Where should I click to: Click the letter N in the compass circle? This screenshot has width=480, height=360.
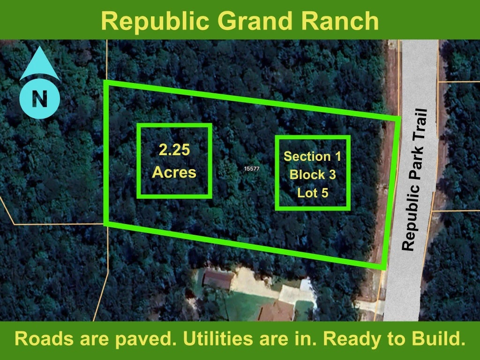(x=39, y=98)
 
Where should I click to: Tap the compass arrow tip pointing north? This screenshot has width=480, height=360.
(x=39, y=46)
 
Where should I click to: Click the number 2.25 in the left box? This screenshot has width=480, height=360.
(x=174, y=150)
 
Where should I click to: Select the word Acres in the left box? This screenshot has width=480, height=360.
(x=174, y=172)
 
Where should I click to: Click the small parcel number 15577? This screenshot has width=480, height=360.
(x=252, y=169)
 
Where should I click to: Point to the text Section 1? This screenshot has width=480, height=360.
(x=312, y=156)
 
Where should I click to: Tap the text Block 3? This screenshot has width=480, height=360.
(x=313, y=174)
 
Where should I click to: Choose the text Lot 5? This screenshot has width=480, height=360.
(x=313, y=193)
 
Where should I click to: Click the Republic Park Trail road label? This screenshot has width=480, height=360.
(x=414, y=180)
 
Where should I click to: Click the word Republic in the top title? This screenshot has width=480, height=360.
(x=155, y=22)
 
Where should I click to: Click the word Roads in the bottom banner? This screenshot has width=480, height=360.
(x=45, y=338)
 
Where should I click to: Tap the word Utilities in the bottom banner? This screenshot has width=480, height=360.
(x=217, y=338)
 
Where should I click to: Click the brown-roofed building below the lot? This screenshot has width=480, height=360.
(x=218, y=278)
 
